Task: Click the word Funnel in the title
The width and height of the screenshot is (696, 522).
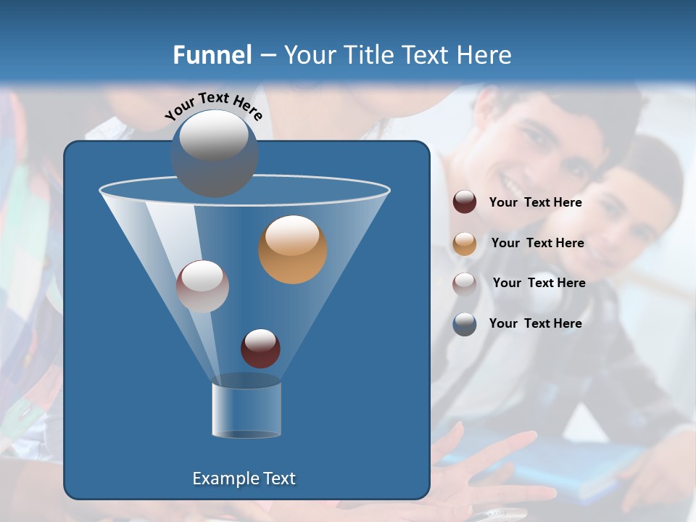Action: click(212, 55)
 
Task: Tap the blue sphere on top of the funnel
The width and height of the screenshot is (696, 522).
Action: click(215, 154)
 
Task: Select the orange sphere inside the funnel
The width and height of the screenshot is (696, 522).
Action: click(293, 249)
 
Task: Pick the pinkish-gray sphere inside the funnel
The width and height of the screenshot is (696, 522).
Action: click(202, 286)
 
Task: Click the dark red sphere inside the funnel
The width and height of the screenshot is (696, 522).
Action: click(260, 348)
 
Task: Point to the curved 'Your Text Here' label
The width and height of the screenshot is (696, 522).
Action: click(214, 105)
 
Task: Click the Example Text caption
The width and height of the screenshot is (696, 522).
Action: click(244, 478)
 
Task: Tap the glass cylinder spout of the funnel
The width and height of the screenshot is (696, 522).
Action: click(246, 410)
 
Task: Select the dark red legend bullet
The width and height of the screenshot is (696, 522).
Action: click(465, 202)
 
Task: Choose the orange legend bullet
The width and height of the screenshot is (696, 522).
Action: click(465, 244)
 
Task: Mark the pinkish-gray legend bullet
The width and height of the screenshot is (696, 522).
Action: click(465, 283)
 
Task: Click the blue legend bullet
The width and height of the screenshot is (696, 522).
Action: click(465, 324)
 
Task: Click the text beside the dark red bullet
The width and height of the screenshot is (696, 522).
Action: click(535, 202)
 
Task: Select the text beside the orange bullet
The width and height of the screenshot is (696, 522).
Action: click(537, 243)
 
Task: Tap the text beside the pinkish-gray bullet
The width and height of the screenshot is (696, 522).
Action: click(539, 283)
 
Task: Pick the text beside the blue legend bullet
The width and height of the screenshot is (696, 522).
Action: click(535, 323)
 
